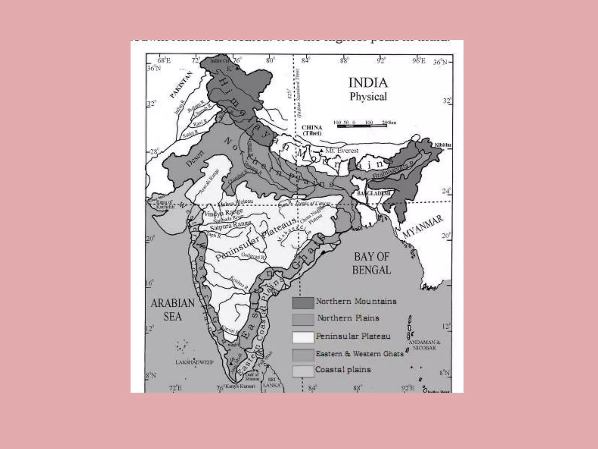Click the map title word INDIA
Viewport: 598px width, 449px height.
click(368, 83)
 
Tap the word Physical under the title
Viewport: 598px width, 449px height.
click(368, 96)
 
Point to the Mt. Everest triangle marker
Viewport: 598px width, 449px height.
click(321, 150)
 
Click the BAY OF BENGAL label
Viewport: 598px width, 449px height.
click(371, 263)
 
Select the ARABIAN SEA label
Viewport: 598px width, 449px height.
click(173, 310)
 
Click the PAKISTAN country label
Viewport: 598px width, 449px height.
click(182, 84)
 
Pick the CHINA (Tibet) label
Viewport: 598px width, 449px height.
click(312, 130)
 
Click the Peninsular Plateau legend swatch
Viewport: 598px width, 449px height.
click(303, 337)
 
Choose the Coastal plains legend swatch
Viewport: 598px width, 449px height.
click(303, 371)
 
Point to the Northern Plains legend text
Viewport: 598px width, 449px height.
click(348, 318)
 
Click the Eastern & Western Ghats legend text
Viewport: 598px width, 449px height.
click(359, 354)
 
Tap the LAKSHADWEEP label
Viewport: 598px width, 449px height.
click(194, 362)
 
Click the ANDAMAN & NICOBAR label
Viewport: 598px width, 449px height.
click(424, 345)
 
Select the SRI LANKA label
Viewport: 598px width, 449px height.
click(272, 383)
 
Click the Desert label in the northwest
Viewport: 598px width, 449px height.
click(195, 158)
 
